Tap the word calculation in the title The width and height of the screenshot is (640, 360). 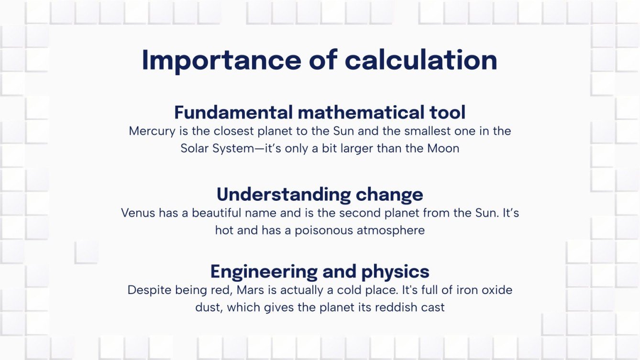421,60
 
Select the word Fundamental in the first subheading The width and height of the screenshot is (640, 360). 233,112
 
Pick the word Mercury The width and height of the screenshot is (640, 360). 150,131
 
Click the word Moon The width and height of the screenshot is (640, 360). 443,148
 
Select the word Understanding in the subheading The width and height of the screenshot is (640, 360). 277,195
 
